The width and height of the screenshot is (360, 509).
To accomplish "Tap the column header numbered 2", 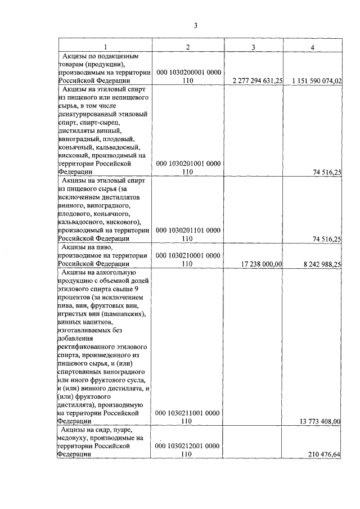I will pyautogui.click(x=187, y=47).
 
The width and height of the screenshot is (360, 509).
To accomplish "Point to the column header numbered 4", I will pyautogui.click(x=312, y=47).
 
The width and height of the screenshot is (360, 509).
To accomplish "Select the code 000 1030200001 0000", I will pyautogui.click(x=187, y=73).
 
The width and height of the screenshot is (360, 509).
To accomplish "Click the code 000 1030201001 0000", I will pyautogui.click(x=187, y=164).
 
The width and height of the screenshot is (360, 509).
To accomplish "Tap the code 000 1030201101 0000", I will pyautogui.click(x=187, y=230).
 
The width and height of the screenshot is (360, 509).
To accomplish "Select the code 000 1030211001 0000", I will pyautogui.click(x=187, y=412).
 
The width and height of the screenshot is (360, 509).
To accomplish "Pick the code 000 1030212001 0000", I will pyautogui.click(x=187, y=445).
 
